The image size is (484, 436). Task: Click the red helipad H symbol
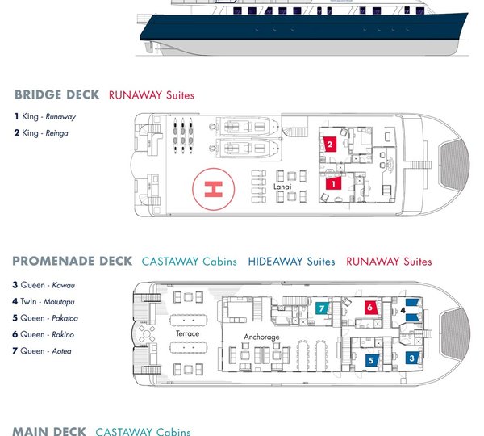pyautogui.click(x=213, y=189)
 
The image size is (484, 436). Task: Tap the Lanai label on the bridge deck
pyautogui.click(x=282, y=187)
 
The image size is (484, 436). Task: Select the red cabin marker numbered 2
pyautogui.click(x=330, y=144)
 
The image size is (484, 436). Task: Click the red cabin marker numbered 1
pyautogui.click(x=333, y=183)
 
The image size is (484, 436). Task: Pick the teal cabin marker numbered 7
pyautogui.click(x=322, y=308)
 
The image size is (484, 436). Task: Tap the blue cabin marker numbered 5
pyautogui.click(x=371, y=360)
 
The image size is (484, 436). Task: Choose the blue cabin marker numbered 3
pyautogui.click(x=412, y=358)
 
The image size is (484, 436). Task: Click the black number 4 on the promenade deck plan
pyautogui.click(x=403, y=310)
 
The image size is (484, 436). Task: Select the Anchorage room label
pyautogui.click(x=261, y=337)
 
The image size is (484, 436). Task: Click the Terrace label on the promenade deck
pyautogui.click(x=187, y=333)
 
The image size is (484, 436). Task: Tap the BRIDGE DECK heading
pyautogui.click(x=57, y=94)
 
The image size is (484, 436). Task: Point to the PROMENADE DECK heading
pyautogui.click(x=73, y=261)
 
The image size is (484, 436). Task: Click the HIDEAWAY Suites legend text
pyautogui.click(x=292, y=262)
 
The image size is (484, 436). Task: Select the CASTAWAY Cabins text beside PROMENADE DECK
pyautogui.click(x=190, y=262)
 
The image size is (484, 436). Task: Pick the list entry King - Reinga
pyautogui.click(x=41, y=133)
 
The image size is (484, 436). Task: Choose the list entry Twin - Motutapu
pyautogui.click(x=44, y=301)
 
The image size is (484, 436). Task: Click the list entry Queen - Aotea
pyautogui.click(x=42, y=350)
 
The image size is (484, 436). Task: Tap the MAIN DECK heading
pyautogui.click(x=49, y=431)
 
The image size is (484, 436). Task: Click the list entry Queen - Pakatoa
pyautogui.click(x=45, y=317)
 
